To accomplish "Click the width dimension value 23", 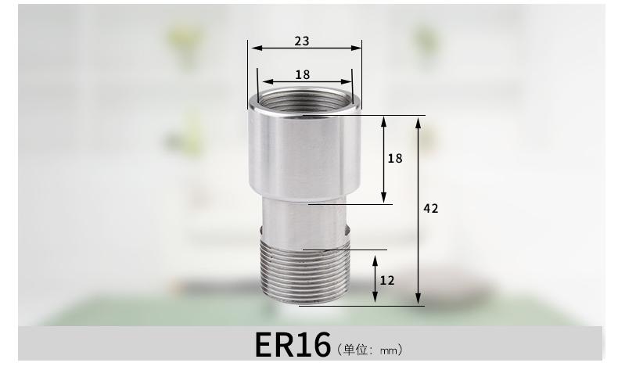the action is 302,41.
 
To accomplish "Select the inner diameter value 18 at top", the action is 302,74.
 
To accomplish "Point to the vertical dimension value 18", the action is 395,158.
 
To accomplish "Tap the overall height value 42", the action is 431,208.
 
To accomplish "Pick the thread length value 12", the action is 387,281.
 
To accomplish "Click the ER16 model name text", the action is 293,345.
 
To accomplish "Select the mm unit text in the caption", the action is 389,350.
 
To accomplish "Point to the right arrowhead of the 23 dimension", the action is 356,48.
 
